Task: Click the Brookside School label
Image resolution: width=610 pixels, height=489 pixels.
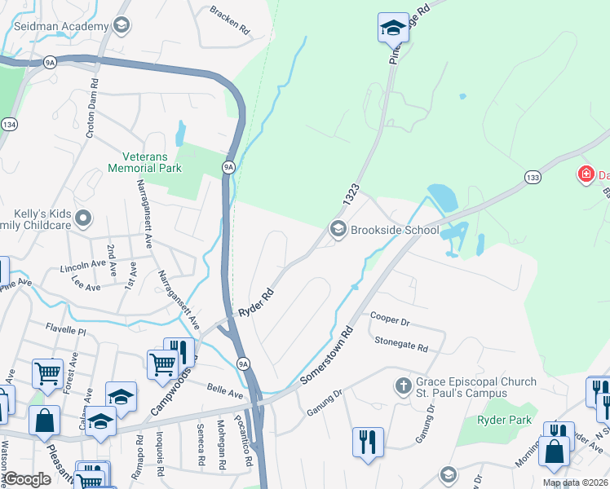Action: [395, 231]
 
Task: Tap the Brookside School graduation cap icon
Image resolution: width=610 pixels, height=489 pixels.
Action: [338, 231]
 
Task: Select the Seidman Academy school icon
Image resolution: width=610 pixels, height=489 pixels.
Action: [122, 26]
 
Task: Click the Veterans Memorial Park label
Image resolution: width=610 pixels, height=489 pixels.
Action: [144, 162]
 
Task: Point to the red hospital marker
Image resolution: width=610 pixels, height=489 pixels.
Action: [585, 174]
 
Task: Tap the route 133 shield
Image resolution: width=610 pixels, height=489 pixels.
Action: [533, 177]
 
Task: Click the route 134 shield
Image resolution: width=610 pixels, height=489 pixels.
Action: [9, 124]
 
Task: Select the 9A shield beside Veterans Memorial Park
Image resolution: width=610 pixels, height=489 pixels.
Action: [229, 167]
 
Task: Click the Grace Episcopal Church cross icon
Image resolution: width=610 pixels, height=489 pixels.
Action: [402, 385]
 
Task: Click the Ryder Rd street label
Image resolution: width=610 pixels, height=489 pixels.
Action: [254, 303]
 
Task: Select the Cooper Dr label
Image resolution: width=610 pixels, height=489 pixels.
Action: [387, 317]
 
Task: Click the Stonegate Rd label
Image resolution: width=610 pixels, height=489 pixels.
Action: [400, 347]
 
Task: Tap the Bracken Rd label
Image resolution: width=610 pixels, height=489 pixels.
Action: [229, 19]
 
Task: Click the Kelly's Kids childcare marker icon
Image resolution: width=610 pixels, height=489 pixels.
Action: [82, 218]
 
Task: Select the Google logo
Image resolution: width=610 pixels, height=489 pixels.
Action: [28, 479]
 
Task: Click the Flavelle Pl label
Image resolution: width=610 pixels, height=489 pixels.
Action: [66, 332]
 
